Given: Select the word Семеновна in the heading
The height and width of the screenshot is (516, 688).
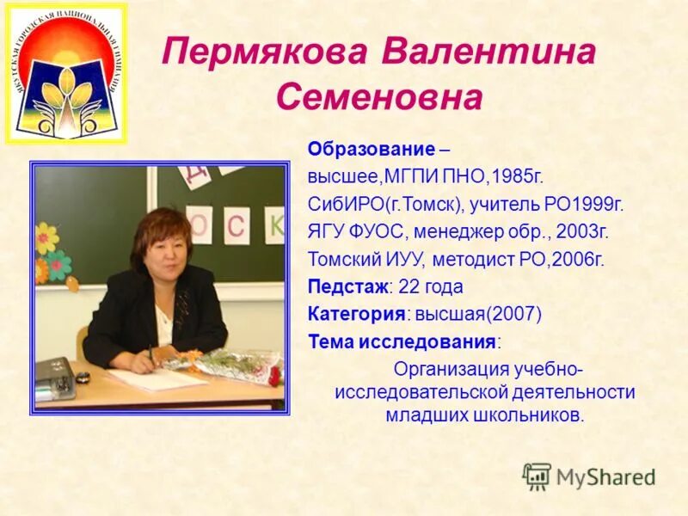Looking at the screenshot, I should coord(379,98).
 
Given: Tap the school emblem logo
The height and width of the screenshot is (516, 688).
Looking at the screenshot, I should coord(65,73).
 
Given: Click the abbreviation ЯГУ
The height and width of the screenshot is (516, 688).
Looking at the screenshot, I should coord(327,232).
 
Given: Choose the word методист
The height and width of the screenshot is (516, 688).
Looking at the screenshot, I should coord(468,260).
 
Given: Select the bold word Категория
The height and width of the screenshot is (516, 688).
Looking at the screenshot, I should coord(356,314).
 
